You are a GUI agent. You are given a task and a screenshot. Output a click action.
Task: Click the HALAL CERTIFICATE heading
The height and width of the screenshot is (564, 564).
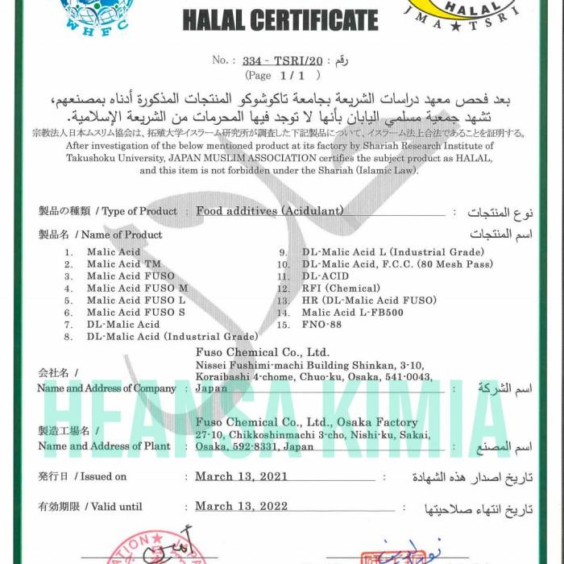click(x=280, y=20)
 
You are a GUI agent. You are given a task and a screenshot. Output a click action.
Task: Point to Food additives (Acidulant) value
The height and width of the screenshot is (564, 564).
click(x=270, y=211)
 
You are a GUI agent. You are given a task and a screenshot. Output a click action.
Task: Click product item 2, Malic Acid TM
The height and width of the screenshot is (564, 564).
click(x=124, y=263)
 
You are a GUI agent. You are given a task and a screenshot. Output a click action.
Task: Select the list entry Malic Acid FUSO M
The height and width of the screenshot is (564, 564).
click(x=137, y=288)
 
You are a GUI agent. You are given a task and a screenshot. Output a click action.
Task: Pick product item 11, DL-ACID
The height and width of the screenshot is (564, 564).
click(x=325, y=276)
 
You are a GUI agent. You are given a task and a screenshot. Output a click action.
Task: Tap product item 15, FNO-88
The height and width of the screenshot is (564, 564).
click(x=322, y=324)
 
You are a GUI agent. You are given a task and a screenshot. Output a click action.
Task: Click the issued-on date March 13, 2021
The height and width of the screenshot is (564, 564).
click(x=242, y=477)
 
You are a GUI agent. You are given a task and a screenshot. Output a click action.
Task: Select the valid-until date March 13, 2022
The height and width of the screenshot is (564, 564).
click(x=242, y=507)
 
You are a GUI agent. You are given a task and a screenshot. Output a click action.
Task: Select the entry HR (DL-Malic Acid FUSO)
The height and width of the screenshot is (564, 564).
click(x=369, y=300)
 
